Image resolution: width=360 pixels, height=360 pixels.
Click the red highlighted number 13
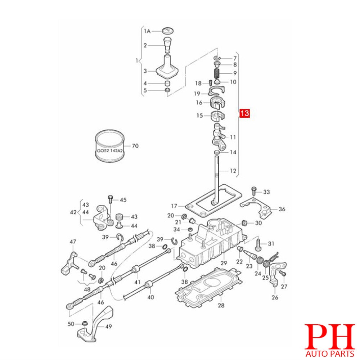coord(244,113)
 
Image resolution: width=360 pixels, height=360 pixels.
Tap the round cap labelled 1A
coord(168,31)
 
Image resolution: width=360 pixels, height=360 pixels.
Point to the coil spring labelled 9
coord(217,73)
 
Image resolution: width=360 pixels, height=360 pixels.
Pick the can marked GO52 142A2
coord(110,145)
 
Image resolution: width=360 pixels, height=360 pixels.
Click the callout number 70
coord(135,146)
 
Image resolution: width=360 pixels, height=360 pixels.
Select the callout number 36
coord(282,209)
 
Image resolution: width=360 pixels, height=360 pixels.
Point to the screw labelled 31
coord(258,244)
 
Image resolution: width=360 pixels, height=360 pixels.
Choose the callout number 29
coord(224,263)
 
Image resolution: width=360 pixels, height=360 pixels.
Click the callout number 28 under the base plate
coord(221,305)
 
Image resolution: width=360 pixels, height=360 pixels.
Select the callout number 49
coord(108,326)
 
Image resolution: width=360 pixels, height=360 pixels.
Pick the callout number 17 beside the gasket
coord(174,206)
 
